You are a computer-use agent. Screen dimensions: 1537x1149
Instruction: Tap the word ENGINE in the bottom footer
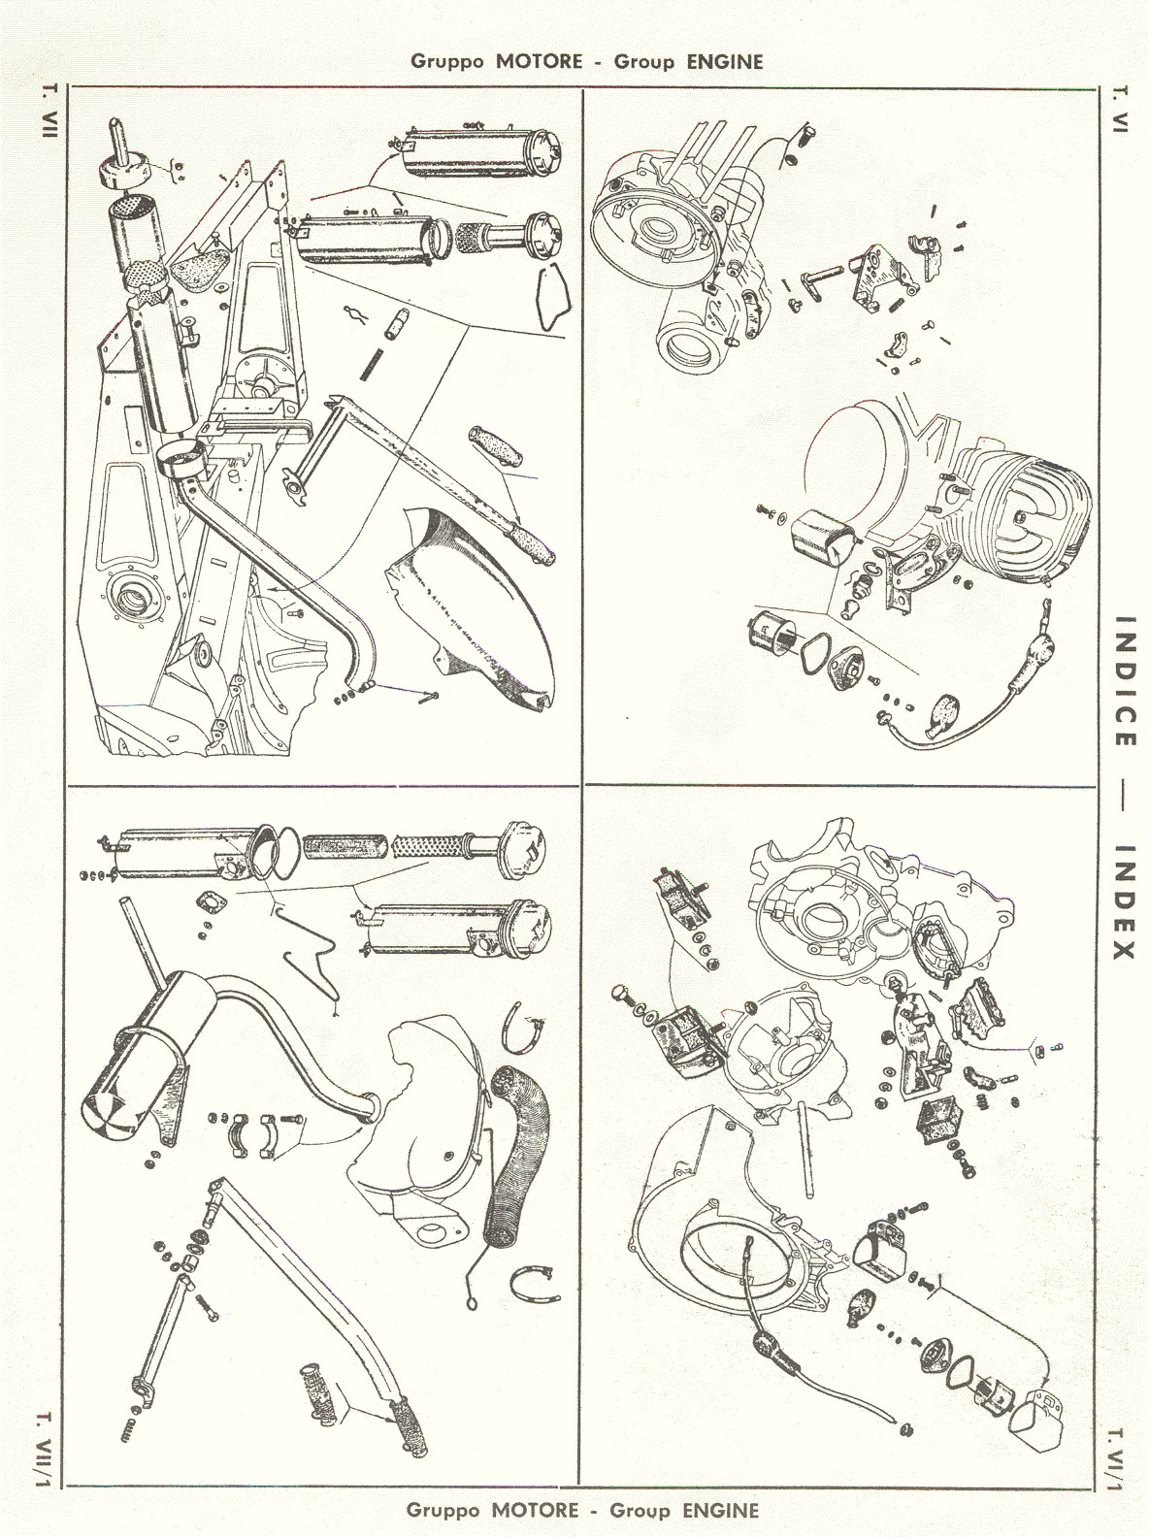(x=720, y=1510)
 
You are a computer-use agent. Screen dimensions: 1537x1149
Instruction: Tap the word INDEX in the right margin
(x=1124, y=899)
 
